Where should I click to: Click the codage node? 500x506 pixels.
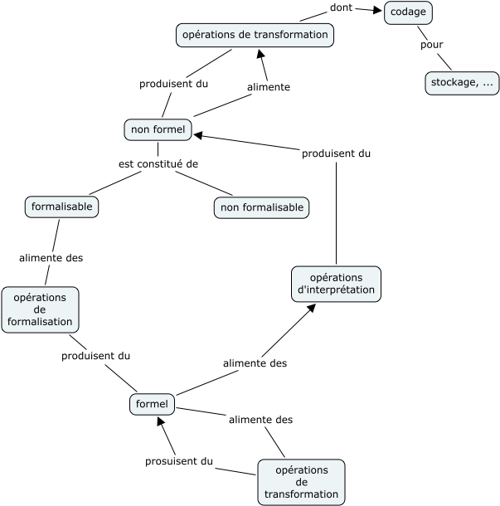pos(408,12)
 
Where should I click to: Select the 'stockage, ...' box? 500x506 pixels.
pos(462,82)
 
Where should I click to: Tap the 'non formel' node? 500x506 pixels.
pos(158,129)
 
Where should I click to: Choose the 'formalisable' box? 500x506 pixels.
pos(61,206)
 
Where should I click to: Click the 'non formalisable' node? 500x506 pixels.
pos(261,207)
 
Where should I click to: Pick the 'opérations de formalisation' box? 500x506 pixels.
pos(40,309)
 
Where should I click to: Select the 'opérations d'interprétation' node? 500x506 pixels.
pos(336,283)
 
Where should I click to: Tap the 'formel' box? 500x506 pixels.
pos(152,405)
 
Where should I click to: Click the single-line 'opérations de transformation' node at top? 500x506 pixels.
pos(255,35)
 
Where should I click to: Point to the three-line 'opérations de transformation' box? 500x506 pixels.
pos(301,482)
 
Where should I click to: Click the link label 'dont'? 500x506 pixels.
pos(341,7)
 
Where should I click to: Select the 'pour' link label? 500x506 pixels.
pos(431,45)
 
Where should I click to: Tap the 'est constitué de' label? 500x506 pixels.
pos(158,163)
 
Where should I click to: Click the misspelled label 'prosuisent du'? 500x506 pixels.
pos(179,461)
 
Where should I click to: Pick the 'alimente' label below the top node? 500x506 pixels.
pos(269,86)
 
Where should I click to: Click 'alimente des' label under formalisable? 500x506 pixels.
pos(51,258)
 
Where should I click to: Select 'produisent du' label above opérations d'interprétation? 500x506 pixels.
pos(336,153)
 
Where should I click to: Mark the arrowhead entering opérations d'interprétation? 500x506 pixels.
pos(312,307)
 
